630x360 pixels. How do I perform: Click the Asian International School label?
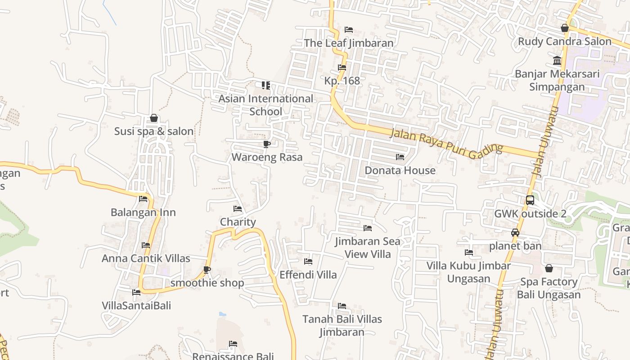pos(266,105)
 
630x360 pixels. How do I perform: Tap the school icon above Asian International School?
pos(266,85)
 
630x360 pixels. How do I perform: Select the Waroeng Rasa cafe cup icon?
pos(267,144)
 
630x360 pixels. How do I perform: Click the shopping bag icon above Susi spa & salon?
pos(154,118)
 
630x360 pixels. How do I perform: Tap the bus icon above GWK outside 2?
pos(530,200)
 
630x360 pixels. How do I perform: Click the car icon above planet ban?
pos(515,233)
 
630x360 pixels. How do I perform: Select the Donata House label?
pos(400,171)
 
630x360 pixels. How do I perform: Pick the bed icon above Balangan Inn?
pos(143,198)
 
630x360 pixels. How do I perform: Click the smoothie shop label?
pos(207,283)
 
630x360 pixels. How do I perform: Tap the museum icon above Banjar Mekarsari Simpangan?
pos(557,60)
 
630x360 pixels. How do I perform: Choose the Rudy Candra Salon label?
pos(564,42)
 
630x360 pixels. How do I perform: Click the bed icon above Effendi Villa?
pos(308,261)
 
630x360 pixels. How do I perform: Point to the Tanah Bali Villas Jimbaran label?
pos(342,325)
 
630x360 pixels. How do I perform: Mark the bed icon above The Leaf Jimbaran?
pos(349,30)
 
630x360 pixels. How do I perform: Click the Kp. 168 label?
pos(342,81)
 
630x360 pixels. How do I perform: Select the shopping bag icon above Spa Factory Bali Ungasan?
pos(549,269)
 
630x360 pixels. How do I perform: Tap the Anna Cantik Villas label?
pos(146,258)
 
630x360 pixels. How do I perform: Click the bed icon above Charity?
pos(238,208)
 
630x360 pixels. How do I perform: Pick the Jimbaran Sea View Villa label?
pos(368,247)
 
